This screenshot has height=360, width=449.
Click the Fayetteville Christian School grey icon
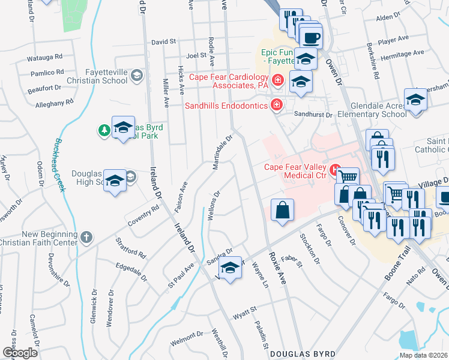137,75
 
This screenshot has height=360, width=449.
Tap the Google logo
20,353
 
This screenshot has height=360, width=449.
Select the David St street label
163,42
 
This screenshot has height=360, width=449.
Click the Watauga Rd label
45,58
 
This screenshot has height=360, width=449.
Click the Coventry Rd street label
142,216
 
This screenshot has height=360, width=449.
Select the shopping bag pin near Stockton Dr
282,211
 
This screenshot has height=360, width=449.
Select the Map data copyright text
423,355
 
